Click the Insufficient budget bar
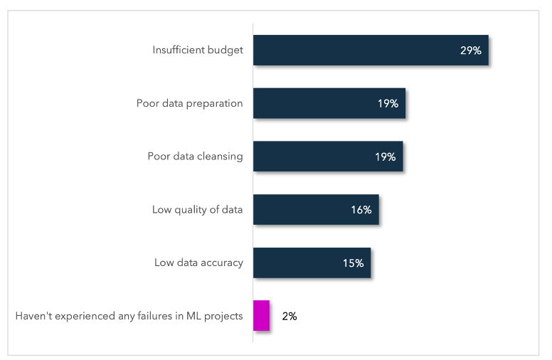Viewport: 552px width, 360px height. [356, 50]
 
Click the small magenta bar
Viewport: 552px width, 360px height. [261, 316]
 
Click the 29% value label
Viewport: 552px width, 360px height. [471, 51]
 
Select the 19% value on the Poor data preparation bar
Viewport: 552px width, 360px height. [388, 104]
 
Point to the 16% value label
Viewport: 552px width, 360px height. [361, 210]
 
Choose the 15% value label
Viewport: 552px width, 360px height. [353, 263]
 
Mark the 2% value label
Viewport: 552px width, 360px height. [289, 316]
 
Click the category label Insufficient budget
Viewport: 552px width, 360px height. [198, 51]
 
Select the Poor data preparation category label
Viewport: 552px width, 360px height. [190, 104]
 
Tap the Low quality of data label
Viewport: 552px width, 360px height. [198, 210]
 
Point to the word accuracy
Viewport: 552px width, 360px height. [220, 263]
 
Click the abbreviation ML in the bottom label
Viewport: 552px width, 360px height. [194, 316]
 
